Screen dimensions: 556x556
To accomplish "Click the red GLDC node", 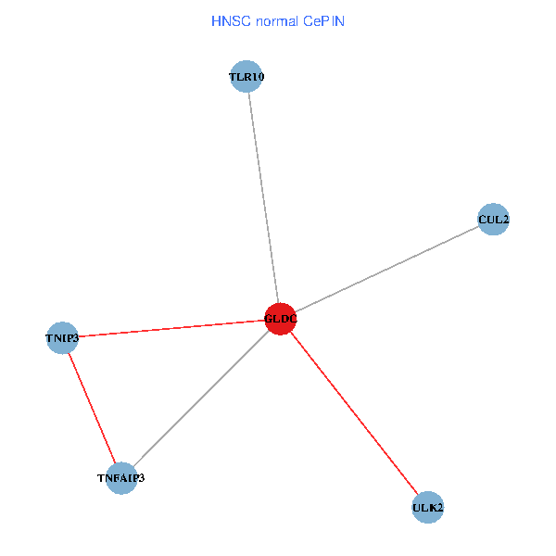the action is click(x=280, y=319).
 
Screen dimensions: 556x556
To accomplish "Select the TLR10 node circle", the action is click(x=247, y=77).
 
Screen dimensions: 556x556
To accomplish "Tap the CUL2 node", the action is click(x=493, y=220).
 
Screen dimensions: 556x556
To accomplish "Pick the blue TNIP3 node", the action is click(x=62, y=337).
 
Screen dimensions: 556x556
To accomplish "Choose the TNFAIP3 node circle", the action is click(x=121, y=478).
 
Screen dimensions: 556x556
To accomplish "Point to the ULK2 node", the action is click(x=427, y=508).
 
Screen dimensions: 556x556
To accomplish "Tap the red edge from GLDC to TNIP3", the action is click(x=171, y=328).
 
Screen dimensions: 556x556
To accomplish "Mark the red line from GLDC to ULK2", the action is click(x=354, y=413).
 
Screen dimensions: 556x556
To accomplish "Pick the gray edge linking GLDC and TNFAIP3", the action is click(x=201, y=398).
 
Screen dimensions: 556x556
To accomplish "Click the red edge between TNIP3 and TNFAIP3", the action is click(x=92, y=408).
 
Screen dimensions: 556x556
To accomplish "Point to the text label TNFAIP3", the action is click(x=121, y=478).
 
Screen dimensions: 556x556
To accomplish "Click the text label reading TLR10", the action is click(x=247, y=77).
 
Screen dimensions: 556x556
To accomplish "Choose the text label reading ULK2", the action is click(x=427, y=508).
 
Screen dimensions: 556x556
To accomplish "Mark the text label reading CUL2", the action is click(x=493, y=220).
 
